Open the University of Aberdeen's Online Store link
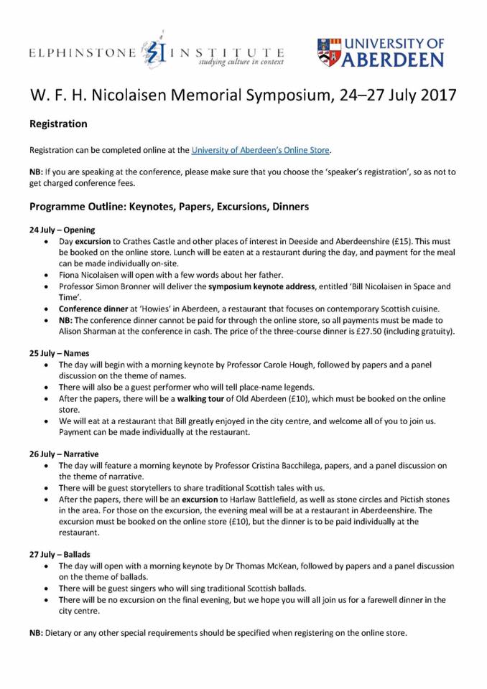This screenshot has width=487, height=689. pyautogui.click(x=260, y=150)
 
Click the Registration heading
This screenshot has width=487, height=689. pyautogui.click(x=58, y=123)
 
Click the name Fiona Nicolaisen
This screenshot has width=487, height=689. pyautogui.click(x=97, y=275)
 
